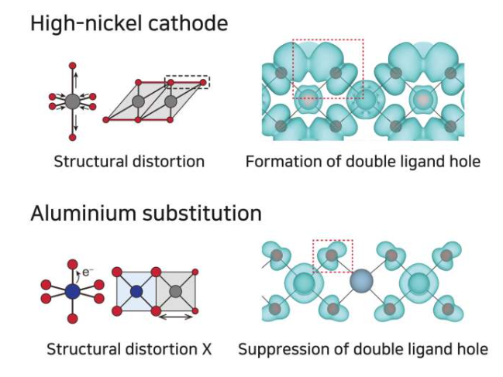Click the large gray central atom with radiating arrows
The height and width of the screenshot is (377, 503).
coord(72,101)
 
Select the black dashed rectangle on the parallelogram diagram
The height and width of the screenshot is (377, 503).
coord(188,81)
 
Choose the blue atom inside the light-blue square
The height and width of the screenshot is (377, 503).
coord(137,292)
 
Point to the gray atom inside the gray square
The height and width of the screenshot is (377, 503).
coord(176,292)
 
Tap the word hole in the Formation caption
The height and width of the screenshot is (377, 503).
coord(464,162)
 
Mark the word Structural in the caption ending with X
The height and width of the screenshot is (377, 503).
coord(82,348)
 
